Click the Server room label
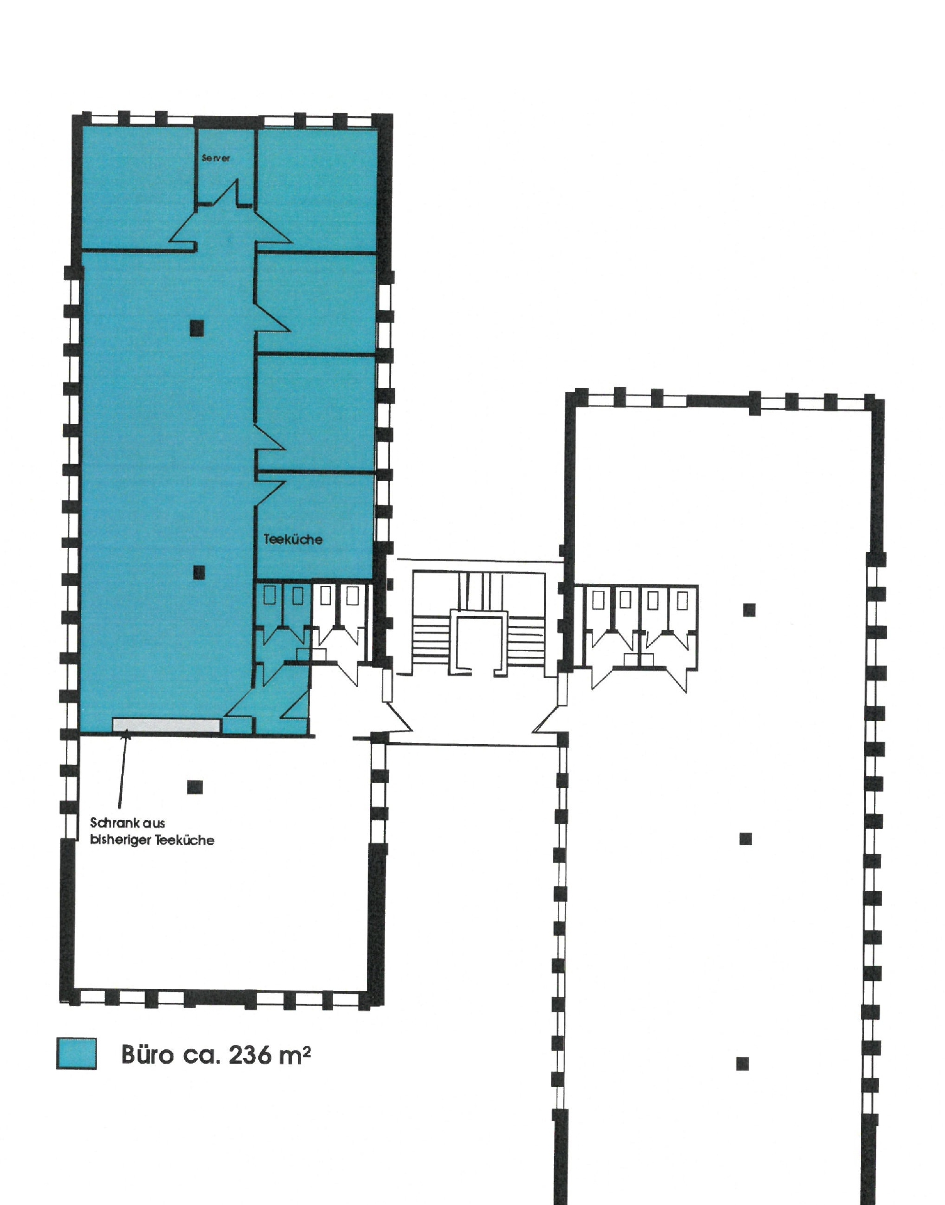pos(216,158)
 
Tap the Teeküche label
pos(293,539)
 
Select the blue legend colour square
pos(77,1053)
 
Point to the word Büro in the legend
pos(147,1054)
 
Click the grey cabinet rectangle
pos(167,725)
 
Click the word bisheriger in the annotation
pos(120,841)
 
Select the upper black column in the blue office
pos(198,327)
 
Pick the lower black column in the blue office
pos(199,572)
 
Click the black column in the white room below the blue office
pos(195,787)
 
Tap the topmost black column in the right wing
pos(749,610)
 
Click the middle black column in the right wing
pos(746,839)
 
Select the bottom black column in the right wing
pos(743,1063)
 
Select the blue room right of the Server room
pos(317,188)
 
